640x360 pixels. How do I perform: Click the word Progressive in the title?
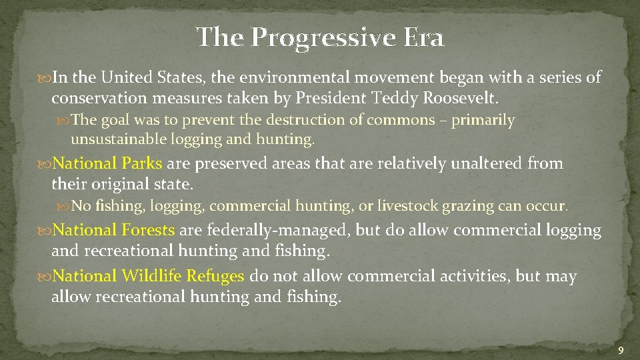323,38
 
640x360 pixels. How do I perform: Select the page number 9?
621,351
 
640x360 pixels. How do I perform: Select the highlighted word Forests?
149,230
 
